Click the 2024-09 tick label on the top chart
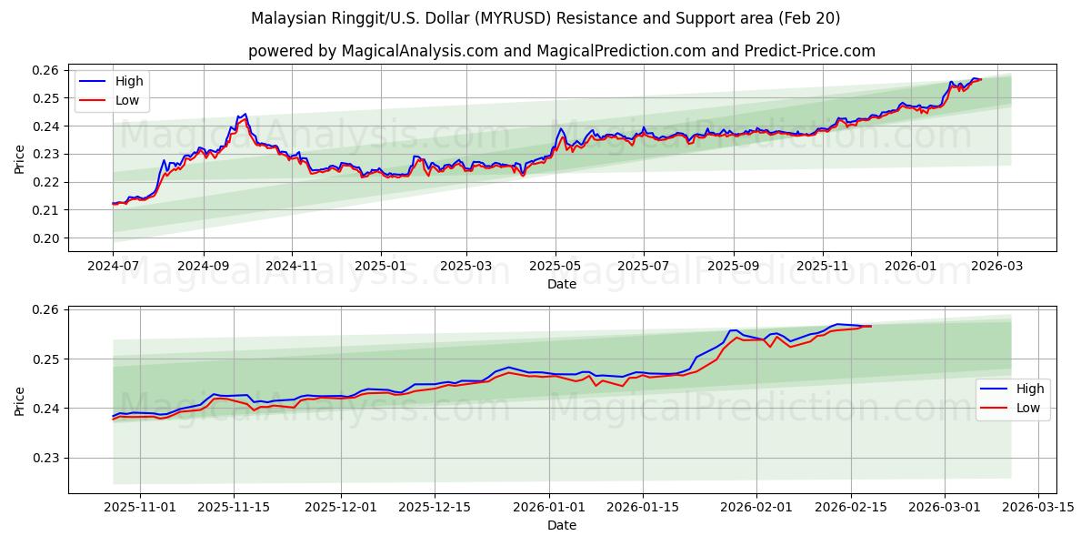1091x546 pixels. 203,267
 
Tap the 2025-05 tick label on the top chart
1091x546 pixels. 556,267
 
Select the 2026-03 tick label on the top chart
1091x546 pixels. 997,267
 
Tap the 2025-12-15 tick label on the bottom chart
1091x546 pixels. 435,508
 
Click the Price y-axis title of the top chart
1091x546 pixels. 20,158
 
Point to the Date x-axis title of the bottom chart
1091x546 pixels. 561,525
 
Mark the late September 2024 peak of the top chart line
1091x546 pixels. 245,115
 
